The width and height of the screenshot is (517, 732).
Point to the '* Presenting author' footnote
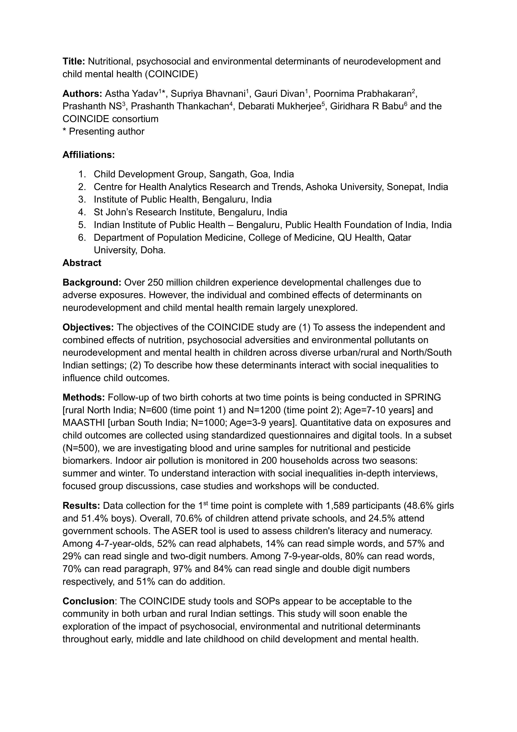point(104,131)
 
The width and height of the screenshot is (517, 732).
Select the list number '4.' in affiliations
point(82,212)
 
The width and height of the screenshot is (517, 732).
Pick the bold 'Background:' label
point(92,282)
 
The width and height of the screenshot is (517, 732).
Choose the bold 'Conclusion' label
point(88,601)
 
